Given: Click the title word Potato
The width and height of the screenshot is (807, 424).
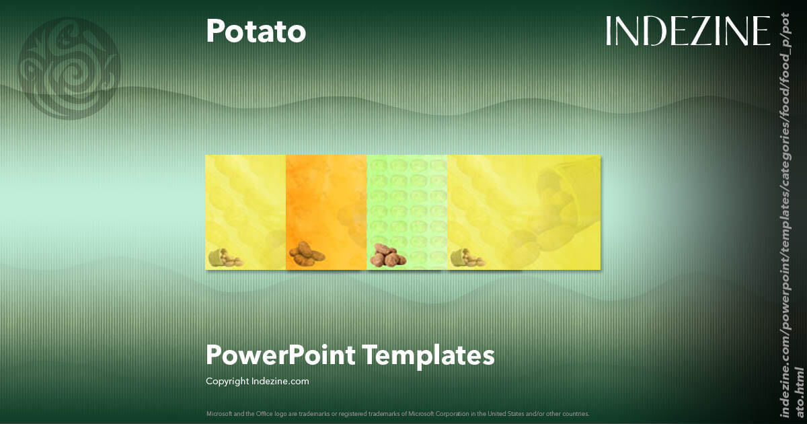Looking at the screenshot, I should (x=256, y=31).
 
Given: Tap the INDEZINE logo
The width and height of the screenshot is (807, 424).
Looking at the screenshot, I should (x=688, y=31).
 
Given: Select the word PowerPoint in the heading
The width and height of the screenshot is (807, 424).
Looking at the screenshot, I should (x=280, y=355).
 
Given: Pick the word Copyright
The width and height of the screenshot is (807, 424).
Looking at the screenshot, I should (x=227, y=381).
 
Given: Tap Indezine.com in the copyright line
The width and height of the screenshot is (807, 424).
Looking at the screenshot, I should (x=280, y=381).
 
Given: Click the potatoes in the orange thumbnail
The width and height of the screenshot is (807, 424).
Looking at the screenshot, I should (x=307, y=254).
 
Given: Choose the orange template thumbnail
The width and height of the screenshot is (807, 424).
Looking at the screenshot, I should (x=326, y=202).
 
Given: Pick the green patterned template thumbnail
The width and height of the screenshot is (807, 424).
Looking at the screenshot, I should (x=407, y=202).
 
